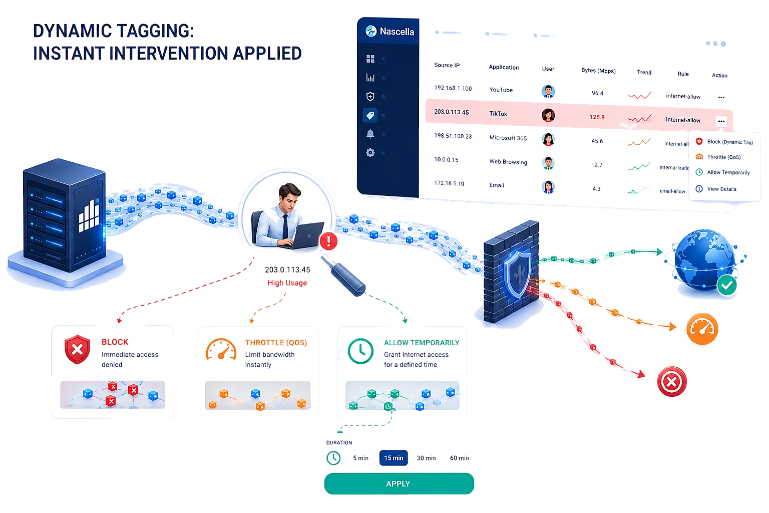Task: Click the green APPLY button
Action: pyautogui.click(x=399, y=483)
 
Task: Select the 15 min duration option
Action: pyautogui.click(x=394, y=458)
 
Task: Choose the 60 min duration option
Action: pyautogui.click(x=459, y=458)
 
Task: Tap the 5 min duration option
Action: pyautogui.click(x=360, y=458)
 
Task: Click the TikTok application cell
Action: pyautogui.click(x=498, y=114)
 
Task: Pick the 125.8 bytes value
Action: pyautogui.click(x=597, y=117)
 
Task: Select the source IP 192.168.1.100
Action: pyautogui.click(x=453, y=88)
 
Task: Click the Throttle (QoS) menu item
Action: pyautogui.click(x=723, y=157)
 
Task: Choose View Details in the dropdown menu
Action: pyautogui.click(x=721, y=189)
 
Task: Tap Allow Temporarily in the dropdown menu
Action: pyautogui.click(x=728, y=172)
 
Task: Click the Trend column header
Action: pyautogui.click(x=644, y=72)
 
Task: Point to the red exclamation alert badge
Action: pyautogui.click(x=328, y=241)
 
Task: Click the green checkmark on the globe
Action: pyautogui.click(x=727, y=285)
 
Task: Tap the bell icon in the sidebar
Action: pyautogui.click(x=370, y=134)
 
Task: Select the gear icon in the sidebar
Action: pyautogui.click(x=370, y=153)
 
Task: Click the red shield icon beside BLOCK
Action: pyautogui.click(x=77, y=349)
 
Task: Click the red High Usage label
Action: pyautogui.click(x=287, y=283)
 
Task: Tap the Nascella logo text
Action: pyautogui.click(x=397, y=32)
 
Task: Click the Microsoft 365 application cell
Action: pyautogui.click(x=508, y=138)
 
